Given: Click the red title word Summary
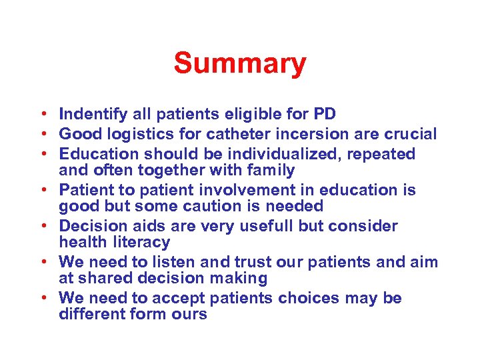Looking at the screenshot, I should click(240, 64).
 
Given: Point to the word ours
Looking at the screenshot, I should click(187, 315).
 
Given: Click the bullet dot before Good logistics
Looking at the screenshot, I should click(41, 135).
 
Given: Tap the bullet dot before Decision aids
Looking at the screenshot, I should click(41, 227).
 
